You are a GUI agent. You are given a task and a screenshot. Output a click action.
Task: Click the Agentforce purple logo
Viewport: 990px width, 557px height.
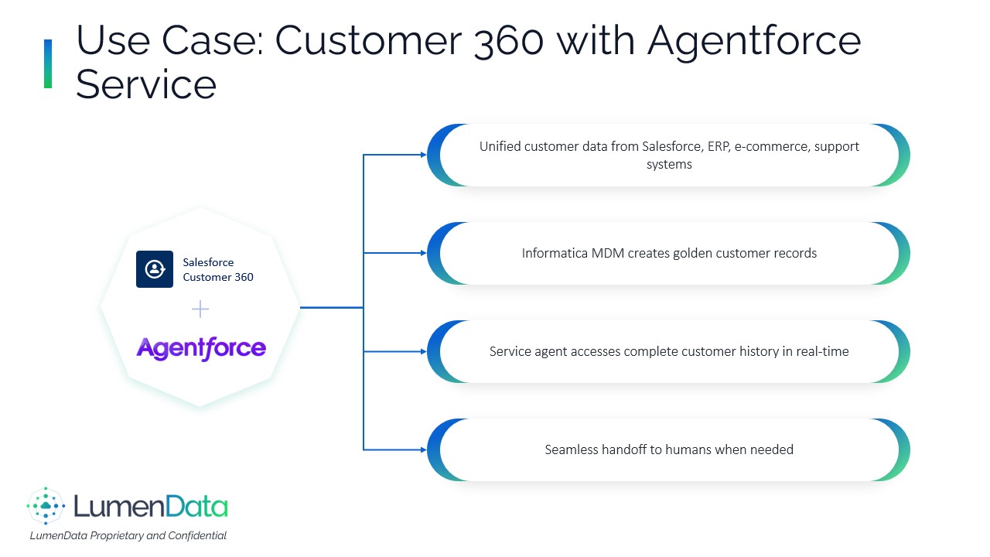coord(201,348)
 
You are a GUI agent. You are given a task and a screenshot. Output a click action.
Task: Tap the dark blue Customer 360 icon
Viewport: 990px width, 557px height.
coord(155,269)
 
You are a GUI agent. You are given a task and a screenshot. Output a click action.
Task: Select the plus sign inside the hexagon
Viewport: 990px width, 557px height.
coord(200,309)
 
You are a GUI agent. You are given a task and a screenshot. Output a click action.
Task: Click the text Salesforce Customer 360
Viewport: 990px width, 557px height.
coord(217,269)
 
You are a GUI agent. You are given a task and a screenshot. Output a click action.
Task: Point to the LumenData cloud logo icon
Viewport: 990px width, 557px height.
coord(46,507)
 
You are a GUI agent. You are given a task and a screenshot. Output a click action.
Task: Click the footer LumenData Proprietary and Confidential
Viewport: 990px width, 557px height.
coord(128,535)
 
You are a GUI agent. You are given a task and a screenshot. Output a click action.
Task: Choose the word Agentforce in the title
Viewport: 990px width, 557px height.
coord(753,40)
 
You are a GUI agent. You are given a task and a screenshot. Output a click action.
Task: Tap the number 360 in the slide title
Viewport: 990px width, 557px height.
coord(507,40)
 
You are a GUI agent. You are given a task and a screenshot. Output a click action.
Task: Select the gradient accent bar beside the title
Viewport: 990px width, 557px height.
coord(48,63)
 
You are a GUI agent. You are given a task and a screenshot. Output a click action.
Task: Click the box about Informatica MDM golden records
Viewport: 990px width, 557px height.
coord(668,253)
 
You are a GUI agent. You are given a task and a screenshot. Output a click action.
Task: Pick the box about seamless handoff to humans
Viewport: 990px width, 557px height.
coord(668,449)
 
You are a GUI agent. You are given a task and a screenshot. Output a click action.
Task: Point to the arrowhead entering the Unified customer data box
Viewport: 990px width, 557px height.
coord(423,155)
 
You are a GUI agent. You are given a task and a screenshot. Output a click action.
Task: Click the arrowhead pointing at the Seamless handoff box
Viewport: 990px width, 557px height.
coord(423,449)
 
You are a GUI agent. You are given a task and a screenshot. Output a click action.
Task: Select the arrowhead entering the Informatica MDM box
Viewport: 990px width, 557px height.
coord(423,253)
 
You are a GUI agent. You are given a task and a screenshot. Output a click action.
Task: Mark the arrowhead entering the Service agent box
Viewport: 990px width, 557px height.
coord(423,351)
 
